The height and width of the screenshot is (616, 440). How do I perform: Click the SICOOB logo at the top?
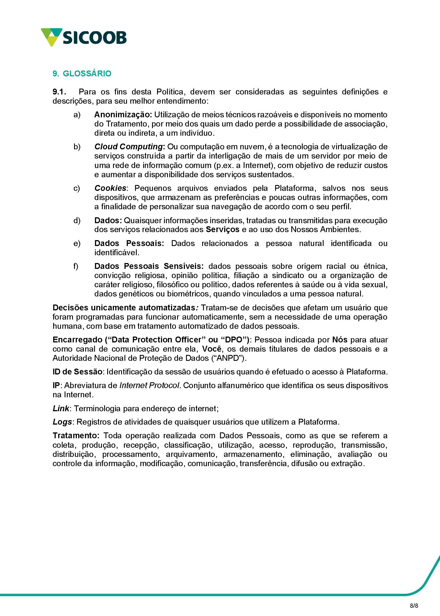point(84,37)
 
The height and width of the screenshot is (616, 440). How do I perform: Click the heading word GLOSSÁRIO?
point(87,74)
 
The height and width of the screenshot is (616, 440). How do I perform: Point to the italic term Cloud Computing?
point(128,147)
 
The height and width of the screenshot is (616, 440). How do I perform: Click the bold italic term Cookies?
point(110,188)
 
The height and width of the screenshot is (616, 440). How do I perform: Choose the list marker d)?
point(77,220)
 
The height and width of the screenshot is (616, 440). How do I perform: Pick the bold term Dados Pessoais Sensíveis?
point(149,266)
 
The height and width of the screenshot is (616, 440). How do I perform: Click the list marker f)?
point(76,266)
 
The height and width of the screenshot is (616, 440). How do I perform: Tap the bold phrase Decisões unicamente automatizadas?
point(124,308)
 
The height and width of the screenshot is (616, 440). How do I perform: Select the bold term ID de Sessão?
point(78,372)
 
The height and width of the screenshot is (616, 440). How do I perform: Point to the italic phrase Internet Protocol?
point(149,385)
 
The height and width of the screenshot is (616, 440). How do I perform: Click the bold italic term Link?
point(61,408)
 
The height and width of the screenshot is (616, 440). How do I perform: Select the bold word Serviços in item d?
point(223,229)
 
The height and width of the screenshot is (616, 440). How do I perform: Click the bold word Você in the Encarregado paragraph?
point(212,349)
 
